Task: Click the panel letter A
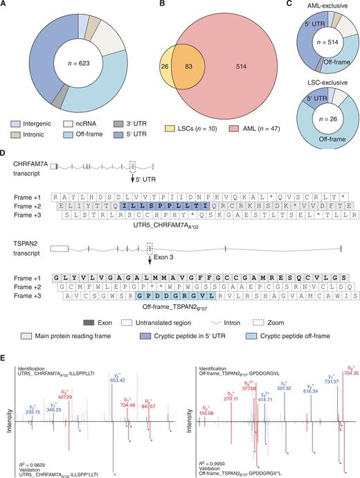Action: pyautogui.click(x=5, y=5)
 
